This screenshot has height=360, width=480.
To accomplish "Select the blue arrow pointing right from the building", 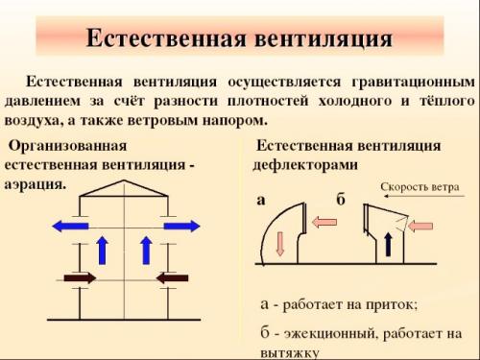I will tap(180, 227).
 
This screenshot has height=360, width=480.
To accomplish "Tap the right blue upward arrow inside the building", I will tap(146, 251).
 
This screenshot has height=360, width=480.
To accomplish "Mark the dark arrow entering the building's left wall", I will tap(80, 277).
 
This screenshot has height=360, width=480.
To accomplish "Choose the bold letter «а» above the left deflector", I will tap(262, 201).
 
